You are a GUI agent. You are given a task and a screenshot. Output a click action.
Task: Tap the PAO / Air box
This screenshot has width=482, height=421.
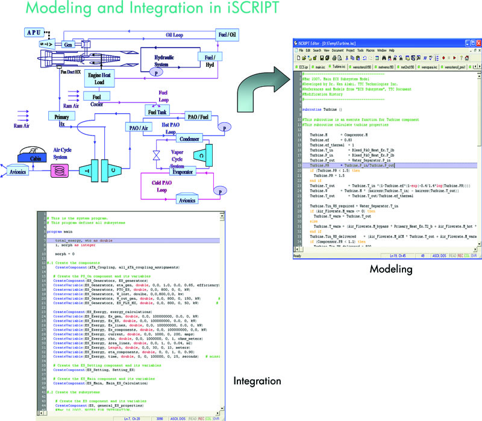coord(139,128)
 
